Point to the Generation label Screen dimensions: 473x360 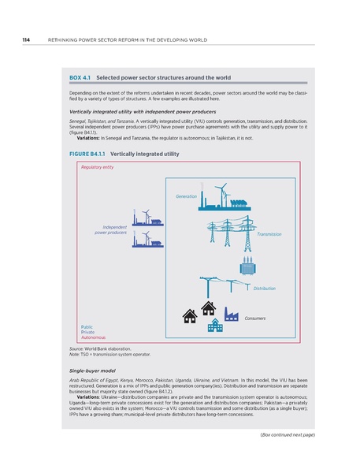click(186, 196)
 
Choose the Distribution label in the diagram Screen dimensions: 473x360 click(265, 289)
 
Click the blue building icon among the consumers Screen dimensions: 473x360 click(214, 326)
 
